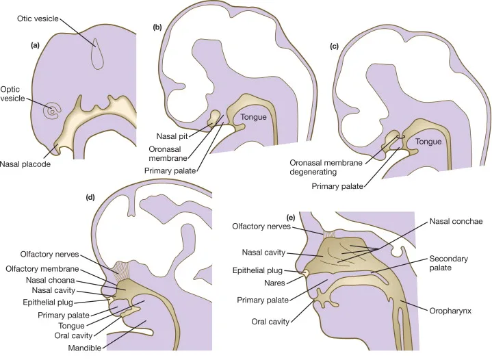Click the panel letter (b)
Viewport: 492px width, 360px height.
tap(157, 29)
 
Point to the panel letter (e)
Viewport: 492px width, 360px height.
tap(291, 219)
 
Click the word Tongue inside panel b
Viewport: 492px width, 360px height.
tap(253, 118)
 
